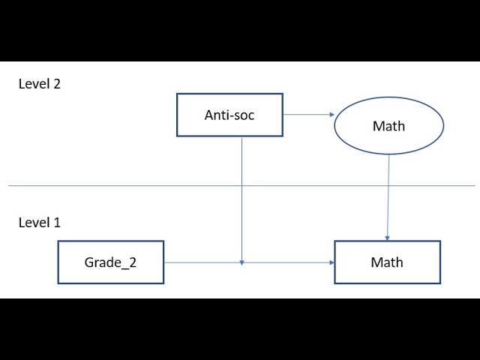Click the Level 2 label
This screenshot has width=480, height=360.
(39, 84)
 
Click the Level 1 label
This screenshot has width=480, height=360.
(39, 223)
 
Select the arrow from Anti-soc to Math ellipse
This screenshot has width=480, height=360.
(307, 115)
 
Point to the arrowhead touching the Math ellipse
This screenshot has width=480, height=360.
(330, 115)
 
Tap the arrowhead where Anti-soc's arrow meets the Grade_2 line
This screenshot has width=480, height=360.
(241, 260)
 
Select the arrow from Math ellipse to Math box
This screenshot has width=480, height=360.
(388, 195)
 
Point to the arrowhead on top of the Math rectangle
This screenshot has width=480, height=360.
(387, 237)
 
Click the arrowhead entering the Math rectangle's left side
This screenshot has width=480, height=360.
(331, 262)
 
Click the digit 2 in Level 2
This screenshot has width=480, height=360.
(56, 84)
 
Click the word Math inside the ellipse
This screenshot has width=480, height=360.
(388, 126)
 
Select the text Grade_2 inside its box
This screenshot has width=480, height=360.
(110, 262)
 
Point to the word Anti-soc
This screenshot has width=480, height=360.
(229, 115)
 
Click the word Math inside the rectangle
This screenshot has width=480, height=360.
(387, 262)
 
